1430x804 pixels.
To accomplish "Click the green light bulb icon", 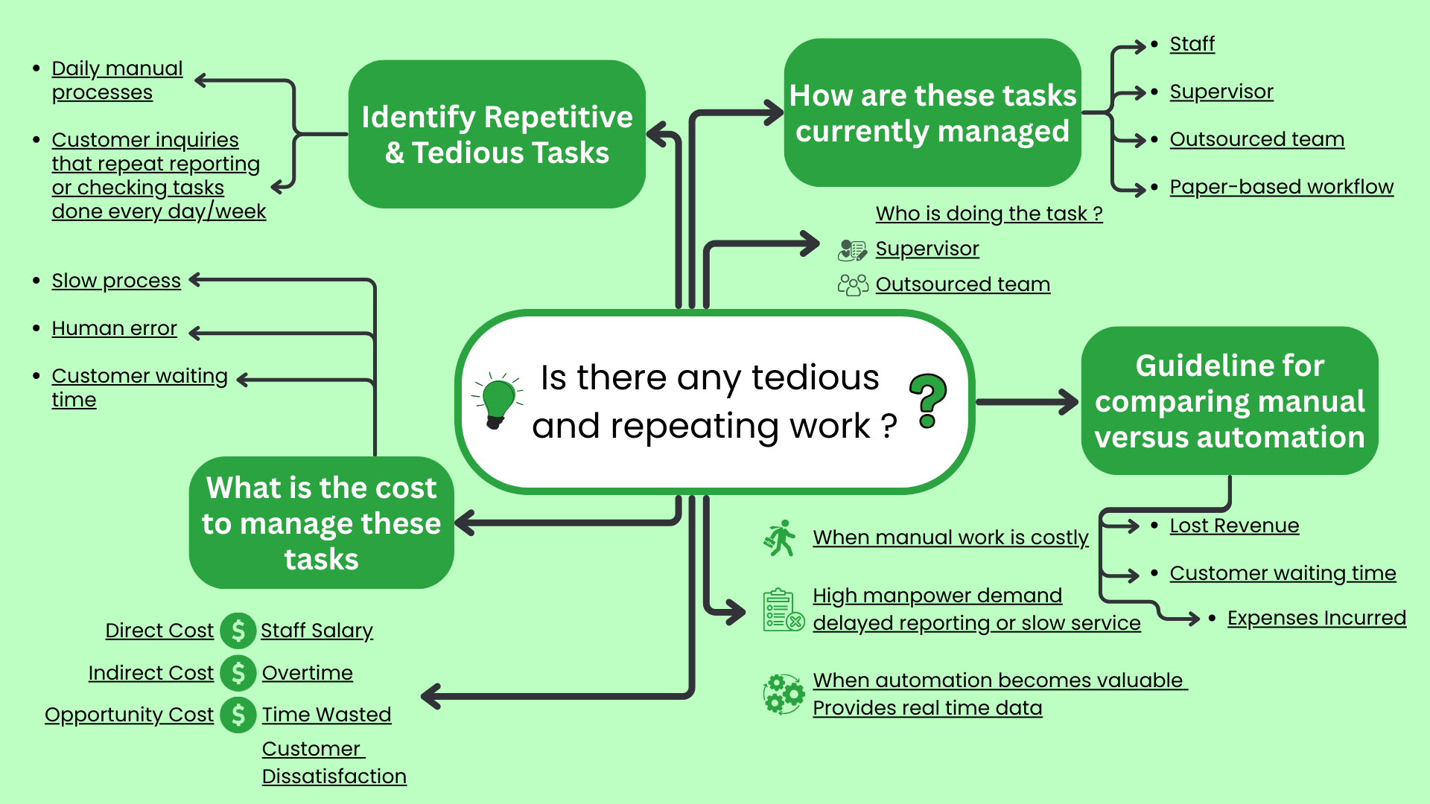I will click(x=498, y=401).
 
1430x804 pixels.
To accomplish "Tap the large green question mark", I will click(x=927, y=401).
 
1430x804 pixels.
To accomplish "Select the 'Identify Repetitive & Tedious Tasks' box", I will click(x=497, y=134).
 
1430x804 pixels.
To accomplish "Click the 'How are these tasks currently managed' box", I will click(x=932, y=112).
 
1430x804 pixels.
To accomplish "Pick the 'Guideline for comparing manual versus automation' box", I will click(x=1229, y=401).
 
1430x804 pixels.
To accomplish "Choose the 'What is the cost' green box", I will click(x=321, y=523).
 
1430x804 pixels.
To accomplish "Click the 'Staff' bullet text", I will click(x=1192, y=44).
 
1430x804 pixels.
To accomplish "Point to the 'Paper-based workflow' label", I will click(x=1281, y=187).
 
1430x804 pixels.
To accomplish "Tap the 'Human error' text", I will click(x=114, y=328).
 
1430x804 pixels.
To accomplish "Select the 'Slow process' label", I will click(x=116, y=281).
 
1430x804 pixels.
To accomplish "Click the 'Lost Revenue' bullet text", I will click(x=1234, y=526).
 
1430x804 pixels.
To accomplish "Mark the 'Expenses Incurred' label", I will click(x=1316, y=618).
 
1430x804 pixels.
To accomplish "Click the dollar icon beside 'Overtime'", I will click(x=238, y=673).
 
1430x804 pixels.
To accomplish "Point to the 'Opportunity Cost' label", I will click(x=129, y=715).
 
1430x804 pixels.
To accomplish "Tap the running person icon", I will click(x=780, y=538).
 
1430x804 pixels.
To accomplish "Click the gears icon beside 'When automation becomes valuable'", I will click(x=784, y=694).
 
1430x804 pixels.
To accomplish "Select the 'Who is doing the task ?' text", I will click(x=988, y=214).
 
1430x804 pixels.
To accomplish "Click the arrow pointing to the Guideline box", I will click(x=1028, y=402).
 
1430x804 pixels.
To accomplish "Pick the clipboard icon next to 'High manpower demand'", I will click(x=783, y=610).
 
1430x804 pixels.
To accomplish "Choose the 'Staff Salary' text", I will click(x=317, y=631).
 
